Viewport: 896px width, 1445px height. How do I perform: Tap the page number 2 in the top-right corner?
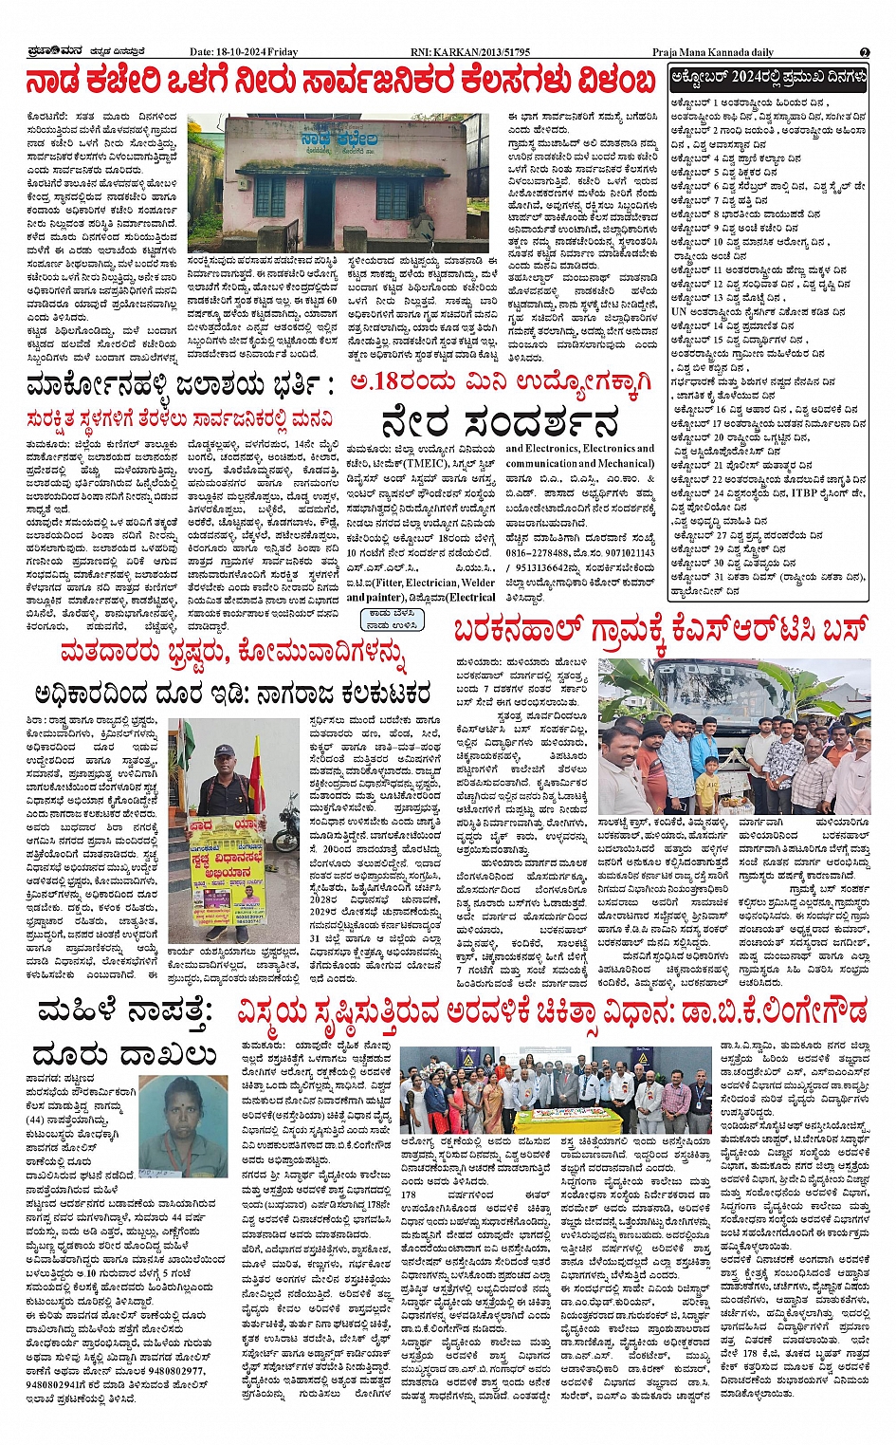click(864, 53)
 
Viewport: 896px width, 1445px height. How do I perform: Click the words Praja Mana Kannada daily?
click(712, 52)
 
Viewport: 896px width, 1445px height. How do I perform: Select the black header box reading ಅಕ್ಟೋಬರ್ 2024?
click(768, 77)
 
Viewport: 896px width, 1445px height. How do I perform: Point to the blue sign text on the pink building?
click(338, 141)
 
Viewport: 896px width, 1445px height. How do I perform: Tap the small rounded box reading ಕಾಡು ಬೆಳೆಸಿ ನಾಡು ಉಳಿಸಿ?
click(391, 620)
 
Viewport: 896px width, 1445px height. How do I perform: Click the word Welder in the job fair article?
click(478, 583)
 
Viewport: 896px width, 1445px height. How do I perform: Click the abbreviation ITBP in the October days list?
click(804, 493)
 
